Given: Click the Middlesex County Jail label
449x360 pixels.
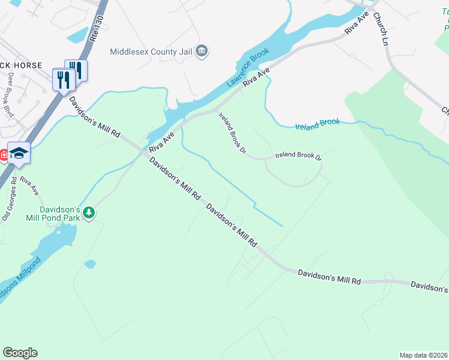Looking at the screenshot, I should (x=151, y=51).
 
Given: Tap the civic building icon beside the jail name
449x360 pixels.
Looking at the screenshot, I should (x=202, y=51).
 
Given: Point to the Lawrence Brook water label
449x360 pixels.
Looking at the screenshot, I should (x=247, y=72).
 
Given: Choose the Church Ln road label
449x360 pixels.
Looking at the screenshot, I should (x=380, y=29).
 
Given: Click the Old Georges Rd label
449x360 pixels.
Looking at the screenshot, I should (x=8, y=201).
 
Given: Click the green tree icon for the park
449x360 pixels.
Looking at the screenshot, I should (x=89, y=212).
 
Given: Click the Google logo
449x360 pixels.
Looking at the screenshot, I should (x=20, y=353).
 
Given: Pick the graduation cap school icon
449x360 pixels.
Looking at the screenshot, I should (x=20, y=154).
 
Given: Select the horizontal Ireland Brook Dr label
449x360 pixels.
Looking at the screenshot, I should (x=298, y=155).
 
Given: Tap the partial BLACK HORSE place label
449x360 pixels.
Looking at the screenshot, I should (x=21, y=65).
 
